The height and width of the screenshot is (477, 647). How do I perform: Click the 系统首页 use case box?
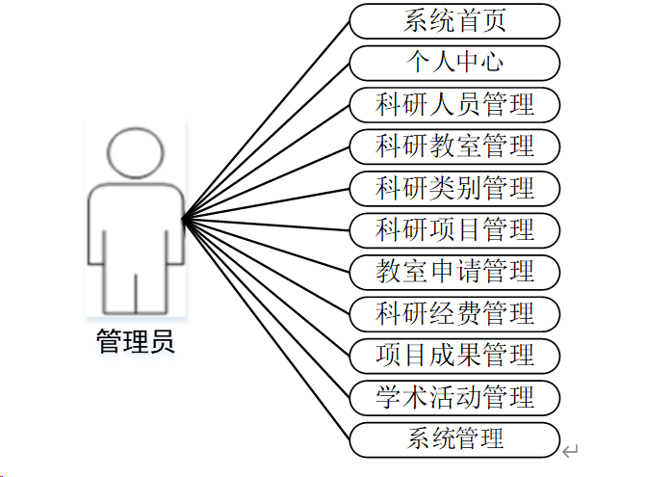[454, 20]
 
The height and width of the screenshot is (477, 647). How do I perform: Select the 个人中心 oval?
[454, 62]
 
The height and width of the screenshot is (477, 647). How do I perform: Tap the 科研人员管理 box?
[454, 103]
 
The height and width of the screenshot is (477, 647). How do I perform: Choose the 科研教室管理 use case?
[454, 146]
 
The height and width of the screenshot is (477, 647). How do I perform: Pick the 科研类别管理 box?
[454, 187]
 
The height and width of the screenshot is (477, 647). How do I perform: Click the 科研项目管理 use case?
[454, 229]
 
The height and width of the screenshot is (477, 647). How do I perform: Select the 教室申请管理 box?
[454, 271]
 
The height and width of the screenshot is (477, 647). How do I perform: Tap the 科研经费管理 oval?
[454, 312]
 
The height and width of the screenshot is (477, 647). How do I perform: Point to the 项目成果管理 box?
[454, 355]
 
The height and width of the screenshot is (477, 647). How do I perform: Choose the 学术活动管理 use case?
[454, 396]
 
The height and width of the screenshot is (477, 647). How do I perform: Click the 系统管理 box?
[454, 438]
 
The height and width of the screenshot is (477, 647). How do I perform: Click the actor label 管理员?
[136, 342]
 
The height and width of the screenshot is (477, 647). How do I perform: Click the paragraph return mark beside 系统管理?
[571, 450]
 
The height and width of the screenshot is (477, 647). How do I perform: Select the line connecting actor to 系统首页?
[266, 120]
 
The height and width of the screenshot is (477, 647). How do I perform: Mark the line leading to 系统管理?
[266, 331]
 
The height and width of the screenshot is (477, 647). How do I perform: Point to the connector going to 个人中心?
[266, 142]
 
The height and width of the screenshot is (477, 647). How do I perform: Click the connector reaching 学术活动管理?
[266, 309]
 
